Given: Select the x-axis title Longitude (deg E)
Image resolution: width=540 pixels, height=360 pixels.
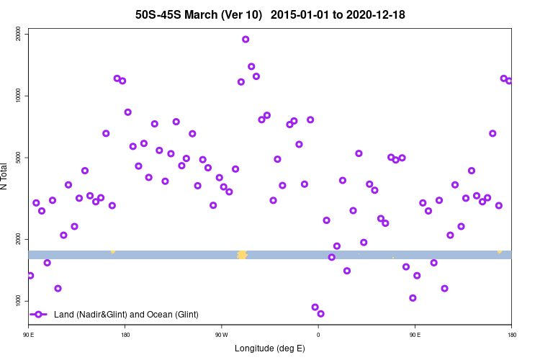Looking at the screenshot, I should pyautogui.click(x=270, y=348).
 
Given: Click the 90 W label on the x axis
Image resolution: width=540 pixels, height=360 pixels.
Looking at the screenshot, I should pyautogui.click(x=221, y=334).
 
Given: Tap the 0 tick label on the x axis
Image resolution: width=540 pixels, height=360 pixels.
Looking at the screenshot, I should pyautogui.click(x=318, y=334).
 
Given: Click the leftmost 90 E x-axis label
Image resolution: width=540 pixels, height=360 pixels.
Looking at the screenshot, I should pyautogui.click(x=28, y=334).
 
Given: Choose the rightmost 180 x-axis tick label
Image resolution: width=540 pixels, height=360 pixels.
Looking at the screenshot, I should pyautogui.click(x=511, y=334).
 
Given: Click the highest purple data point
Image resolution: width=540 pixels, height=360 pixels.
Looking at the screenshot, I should pyautogui.click(x=246, y=40).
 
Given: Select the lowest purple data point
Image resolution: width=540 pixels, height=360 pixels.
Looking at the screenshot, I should pyautogui.click(x=320, y=313).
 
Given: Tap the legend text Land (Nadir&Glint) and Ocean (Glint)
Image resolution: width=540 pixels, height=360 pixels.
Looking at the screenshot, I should pyautogui.click(x=126, y=315).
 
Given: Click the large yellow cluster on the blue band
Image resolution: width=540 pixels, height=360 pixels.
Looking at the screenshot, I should pyautogui.click(x=242, y=254).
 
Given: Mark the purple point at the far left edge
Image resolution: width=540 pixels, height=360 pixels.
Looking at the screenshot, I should pyautogui.click(x=30, y=276).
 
